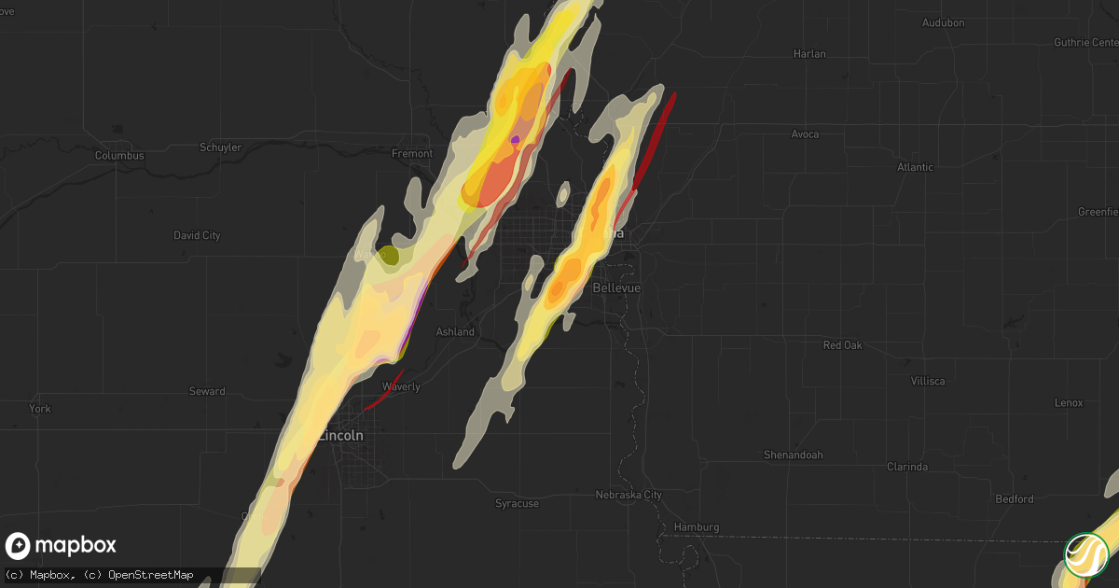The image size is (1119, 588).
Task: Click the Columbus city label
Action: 119,156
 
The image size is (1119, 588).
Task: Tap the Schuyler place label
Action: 221,147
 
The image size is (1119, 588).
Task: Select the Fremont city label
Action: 411,153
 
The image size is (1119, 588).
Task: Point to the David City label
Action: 197,236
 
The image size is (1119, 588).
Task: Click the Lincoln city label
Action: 341,436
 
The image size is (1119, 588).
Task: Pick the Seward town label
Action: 206,391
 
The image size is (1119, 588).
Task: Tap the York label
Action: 39,409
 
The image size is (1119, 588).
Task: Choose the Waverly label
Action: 401,386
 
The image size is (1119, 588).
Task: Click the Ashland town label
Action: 455,332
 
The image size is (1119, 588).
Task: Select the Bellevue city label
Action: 616,288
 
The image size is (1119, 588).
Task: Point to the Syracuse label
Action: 517,504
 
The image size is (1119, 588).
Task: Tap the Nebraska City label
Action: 629,495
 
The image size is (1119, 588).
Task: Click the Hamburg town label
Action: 695,527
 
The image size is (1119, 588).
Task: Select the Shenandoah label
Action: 793,455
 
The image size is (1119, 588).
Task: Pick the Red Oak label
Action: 842,345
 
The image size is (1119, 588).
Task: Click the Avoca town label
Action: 805,134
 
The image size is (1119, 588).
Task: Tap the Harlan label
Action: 809,54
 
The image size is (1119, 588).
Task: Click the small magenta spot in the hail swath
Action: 515,140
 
